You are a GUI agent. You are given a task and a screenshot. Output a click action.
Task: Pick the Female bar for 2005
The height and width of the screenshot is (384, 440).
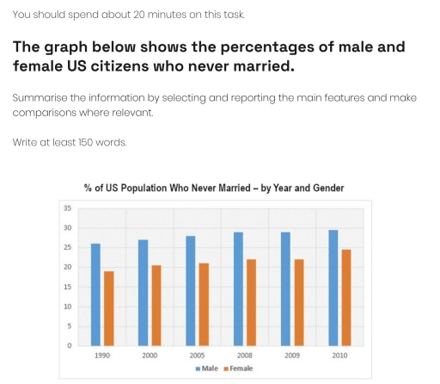coord(204,304)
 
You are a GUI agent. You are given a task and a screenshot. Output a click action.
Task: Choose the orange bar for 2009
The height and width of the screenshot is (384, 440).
coord(298,302)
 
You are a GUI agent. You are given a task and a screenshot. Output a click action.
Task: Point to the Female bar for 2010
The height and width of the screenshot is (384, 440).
coord(346,297)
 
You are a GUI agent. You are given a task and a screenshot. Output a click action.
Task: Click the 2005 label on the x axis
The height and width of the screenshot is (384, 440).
coord(198,354)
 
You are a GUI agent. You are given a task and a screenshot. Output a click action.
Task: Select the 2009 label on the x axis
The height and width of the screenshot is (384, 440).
coord(292,354)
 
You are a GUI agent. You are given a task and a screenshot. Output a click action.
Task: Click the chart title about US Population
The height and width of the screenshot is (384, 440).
coord(215,189)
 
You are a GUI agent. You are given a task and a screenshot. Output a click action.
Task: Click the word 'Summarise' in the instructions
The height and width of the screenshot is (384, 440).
coord(38,99)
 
